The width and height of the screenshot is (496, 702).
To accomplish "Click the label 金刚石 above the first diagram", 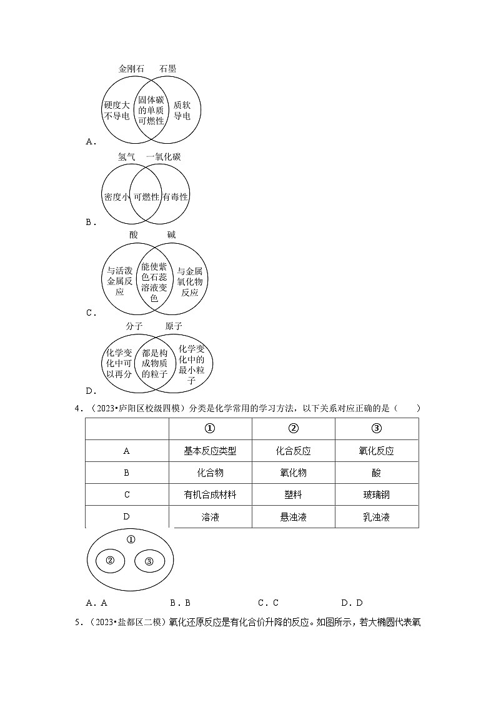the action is [131, 69].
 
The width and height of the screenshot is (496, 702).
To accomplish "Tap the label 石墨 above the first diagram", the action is [167, 69].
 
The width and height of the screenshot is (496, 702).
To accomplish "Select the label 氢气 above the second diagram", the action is [127, 157].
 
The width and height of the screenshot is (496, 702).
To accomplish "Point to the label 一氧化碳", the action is [164, 157].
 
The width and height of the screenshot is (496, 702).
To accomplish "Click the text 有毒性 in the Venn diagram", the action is [175, 196].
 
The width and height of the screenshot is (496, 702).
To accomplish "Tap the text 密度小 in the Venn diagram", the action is [117, 196].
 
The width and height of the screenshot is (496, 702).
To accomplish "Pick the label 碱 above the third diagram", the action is [171, 234].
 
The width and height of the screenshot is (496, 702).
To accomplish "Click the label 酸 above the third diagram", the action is [133, 234].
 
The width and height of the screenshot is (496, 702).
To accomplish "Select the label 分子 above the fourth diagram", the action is [134, 326].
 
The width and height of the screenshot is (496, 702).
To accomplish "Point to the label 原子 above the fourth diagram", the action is [174, 326].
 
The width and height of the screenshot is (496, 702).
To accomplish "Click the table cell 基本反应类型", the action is [210, 451].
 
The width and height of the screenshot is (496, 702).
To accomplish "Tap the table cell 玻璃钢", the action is [376, 494].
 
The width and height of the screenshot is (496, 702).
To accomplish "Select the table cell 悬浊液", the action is [293, 517].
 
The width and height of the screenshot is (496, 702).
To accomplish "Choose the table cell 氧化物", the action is [293, 473].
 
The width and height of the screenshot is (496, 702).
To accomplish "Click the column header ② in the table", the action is [293, 428].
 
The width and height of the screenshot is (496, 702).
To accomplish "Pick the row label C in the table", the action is [127, 494].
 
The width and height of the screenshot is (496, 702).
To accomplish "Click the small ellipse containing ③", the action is [149, 561].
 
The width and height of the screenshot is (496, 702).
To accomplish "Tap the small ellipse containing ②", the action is [110, 561].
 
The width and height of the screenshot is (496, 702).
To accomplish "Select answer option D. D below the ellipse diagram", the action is [352, 603].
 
